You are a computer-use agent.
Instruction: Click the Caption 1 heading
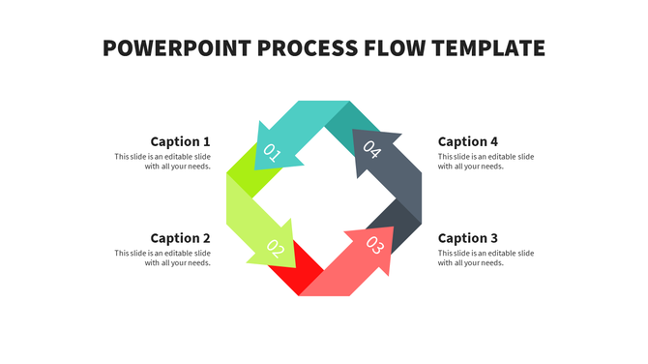(180, 141)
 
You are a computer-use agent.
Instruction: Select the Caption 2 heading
(180, 238)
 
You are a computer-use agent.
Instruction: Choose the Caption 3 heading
(468, 238)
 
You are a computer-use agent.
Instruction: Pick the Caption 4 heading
(468, 141)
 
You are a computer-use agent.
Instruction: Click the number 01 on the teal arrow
(272, 152)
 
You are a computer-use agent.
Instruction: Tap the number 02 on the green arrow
(275, 249)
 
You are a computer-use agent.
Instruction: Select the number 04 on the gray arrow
(372, 150)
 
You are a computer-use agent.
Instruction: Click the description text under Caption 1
(162, 162)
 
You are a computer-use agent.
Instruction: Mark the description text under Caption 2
(162, 258)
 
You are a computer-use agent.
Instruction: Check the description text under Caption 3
(486, 258)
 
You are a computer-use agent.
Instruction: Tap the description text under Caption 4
(486, 162)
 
